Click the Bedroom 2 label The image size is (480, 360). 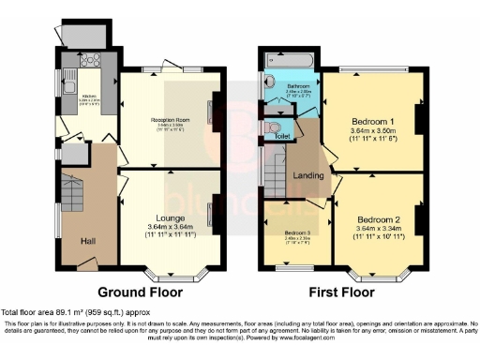click(x=373, y=215)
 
